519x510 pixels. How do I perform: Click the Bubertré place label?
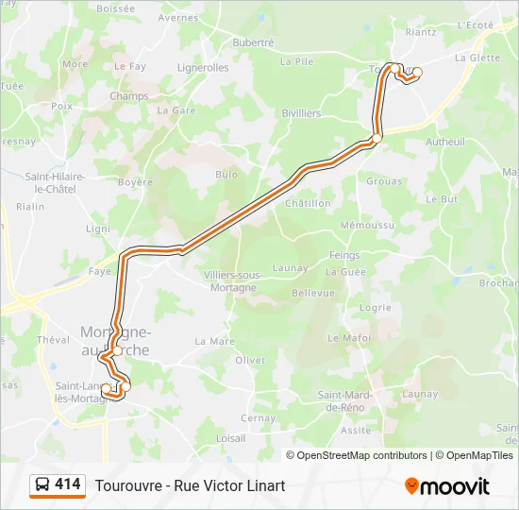click(253, 42)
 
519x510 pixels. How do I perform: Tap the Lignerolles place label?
click(203, 68)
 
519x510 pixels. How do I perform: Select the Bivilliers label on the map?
click(301, 113)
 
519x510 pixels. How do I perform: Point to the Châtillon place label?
click(308, 203)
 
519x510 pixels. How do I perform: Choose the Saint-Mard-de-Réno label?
click(343, 400)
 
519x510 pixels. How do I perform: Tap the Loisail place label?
click(231, 438)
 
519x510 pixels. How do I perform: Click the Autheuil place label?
click(445, 142)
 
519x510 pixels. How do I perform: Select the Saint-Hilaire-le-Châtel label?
click(55, 182)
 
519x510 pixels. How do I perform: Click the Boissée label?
click(115, 8)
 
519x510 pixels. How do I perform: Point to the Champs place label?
click(129, 96)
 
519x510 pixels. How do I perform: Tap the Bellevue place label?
click(313, 293)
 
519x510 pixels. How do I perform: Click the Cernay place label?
click(259, 418)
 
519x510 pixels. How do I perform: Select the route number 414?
click(68, 484)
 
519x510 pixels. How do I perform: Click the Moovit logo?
click(447, 486)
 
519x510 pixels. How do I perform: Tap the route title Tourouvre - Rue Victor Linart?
click(190, 485)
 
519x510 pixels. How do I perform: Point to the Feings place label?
click(344, 256)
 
